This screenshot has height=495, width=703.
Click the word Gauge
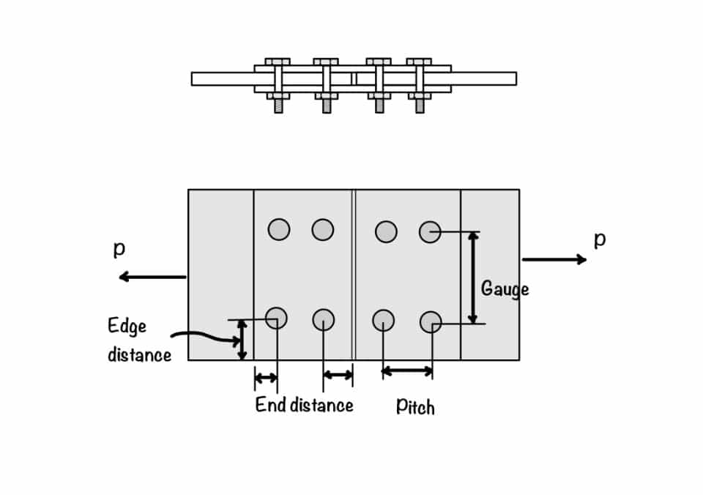(x=505, y=289)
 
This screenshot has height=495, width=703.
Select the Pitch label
(x=415, y=406)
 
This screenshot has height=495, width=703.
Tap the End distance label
(x=304, y=405)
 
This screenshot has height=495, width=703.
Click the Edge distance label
(x=138, y=340)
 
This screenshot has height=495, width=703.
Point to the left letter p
(x=119, y=249)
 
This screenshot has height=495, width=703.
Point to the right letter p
(x=599, y=239)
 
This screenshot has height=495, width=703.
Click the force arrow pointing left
(x=152, y=277)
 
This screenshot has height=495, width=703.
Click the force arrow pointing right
(x=554, y=259)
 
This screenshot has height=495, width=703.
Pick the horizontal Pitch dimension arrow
(x=407, y=371)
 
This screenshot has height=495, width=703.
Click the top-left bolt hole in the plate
(x=278, y=229)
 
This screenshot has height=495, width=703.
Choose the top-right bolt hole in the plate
(x=430, y=232)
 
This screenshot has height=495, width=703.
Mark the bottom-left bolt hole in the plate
(x=276, y=319)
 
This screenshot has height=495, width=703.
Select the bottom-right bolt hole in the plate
(x=431, y=322)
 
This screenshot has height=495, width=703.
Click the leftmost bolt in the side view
(x=278, y=83)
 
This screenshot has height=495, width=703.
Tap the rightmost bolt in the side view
(x=420, y=83)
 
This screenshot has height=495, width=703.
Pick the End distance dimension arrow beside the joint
(x=338, y=375)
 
